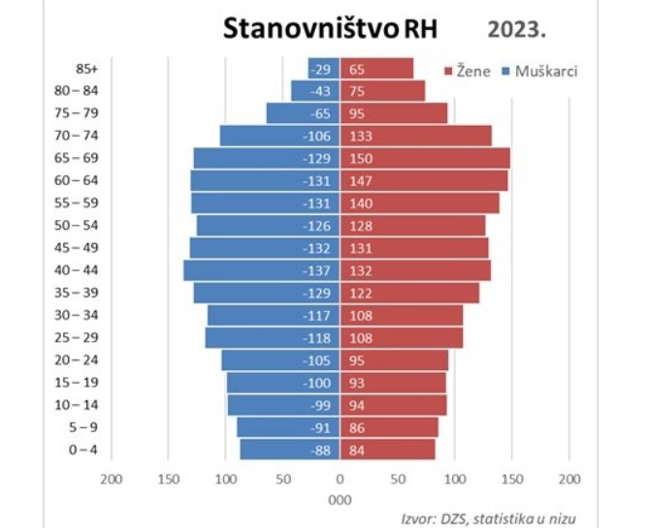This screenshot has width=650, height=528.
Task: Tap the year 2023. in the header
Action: pyautogui.click(x=517, y=28)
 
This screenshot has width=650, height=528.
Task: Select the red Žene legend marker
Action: pyautogui.click(x=448, y=71)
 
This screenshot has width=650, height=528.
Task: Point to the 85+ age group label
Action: pyautogui.click(x=87, y=69)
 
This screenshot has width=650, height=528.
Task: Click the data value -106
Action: pyautogui.click(x=317, y=136)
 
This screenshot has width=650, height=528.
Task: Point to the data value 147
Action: pyautogui.click(x=361, y=180)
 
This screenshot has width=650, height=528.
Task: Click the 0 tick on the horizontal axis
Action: pyautogui.click(x=340, y=479)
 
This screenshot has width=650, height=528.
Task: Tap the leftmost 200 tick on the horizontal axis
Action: pyautogui.click(x=112, y=479)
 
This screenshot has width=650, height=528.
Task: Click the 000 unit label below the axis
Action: pyautogui.click(x=340, y=500)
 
